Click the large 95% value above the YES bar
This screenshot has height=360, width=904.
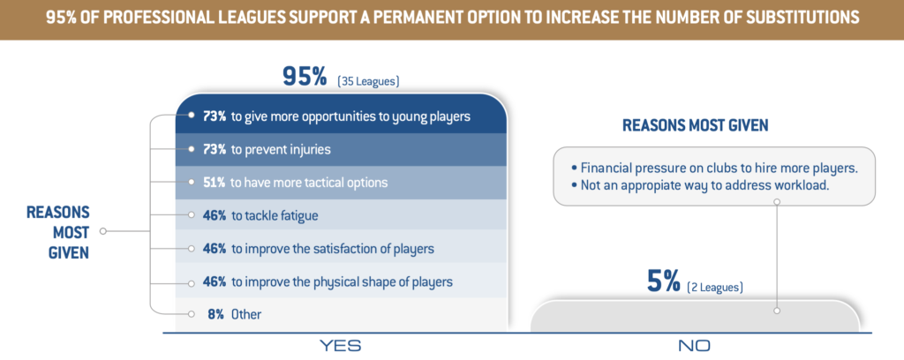[305, 77]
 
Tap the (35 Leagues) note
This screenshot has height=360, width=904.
[368, 81]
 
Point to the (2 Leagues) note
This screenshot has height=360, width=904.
[715, 287]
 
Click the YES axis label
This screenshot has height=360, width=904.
[341, 346]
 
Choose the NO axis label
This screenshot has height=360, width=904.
[694, 346]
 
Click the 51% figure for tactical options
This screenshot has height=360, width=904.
[214, 183]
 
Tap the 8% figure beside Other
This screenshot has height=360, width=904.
[215, 314]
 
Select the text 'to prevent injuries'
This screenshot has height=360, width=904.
[281, 150]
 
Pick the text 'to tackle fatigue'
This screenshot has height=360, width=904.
[275, 216]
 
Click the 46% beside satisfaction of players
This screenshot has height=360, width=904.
[214, 250]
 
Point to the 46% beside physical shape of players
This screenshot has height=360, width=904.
[214, 282]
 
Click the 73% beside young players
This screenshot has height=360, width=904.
[214, 116]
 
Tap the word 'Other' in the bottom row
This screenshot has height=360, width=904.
[246, 314]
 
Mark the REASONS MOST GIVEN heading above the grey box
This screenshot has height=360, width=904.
[696, 125]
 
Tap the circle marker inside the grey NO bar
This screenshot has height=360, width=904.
[777, 311]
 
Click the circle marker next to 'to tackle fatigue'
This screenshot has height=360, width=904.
[191, 216]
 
